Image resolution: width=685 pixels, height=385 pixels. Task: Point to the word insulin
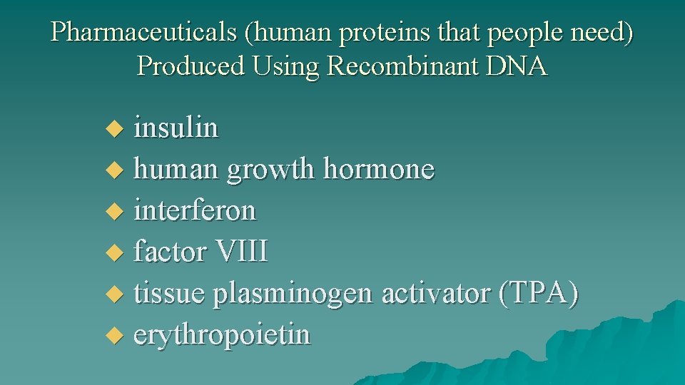pos(176,128)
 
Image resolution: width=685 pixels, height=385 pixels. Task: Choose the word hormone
pos(379,170)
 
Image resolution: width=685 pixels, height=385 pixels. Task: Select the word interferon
pos(195,211)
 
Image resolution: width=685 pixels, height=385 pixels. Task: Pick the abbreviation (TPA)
pos(539,293)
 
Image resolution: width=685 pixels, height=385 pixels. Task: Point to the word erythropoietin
pos(222,334)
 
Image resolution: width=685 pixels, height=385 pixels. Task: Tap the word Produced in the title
pos(189,66)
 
